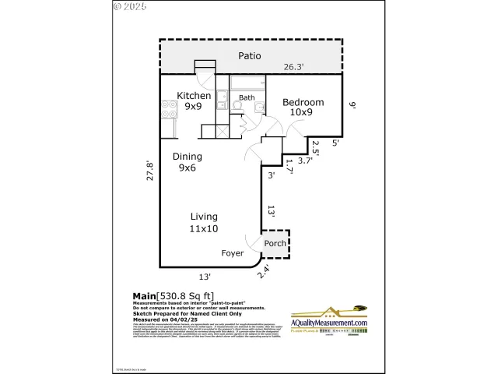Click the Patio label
coord(249,56)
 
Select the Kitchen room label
coord(194,96)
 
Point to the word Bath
coord(247,98)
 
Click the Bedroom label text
coord(303,102)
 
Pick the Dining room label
coord(188,156)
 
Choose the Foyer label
coord(232,253)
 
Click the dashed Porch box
coord(275,243)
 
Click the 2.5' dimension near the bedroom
coord(315,146)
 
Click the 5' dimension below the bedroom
coord(335,143)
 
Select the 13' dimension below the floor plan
coord(204,276)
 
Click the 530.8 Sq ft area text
coord(185,295)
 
